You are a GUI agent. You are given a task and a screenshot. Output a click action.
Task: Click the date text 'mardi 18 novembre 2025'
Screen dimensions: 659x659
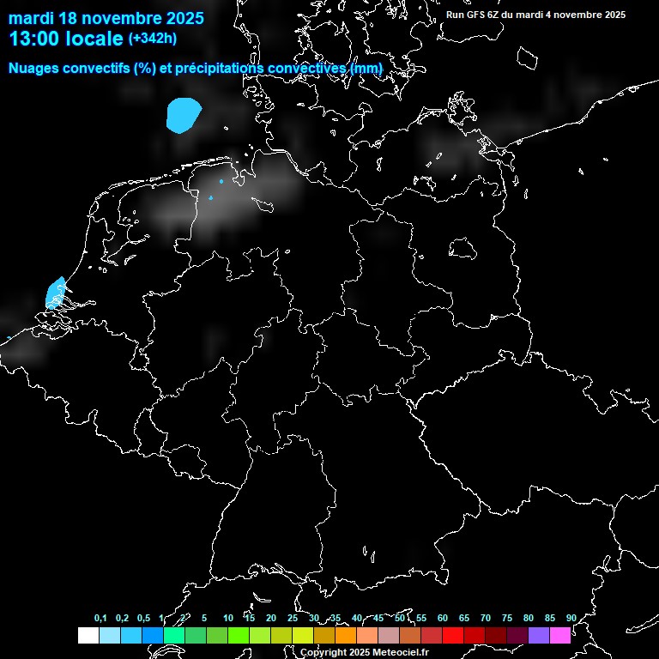106,18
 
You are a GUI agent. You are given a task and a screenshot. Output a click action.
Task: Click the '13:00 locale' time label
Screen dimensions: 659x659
66,39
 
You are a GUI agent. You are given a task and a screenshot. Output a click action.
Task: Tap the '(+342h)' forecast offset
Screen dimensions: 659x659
153,39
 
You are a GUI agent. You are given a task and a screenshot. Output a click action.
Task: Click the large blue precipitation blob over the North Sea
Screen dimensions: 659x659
184,115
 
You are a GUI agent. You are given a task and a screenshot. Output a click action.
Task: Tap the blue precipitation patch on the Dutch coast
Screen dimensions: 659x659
56,292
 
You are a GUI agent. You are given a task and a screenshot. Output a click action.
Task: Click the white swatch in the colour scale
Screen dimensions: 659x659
88,636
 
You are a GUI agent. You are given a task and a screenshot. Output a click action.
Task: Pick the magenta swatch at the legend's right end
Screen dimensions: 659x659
560,636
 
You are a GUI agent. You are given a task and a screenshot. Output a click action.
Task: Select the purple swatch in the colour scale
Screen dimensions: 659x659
539,636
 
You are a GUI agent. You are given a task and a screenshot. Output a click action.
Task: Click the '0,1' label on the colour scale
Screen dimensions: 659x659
100,619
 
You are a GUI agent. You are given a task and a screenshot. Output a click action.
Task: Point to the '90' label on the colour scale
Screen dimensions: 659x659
571,619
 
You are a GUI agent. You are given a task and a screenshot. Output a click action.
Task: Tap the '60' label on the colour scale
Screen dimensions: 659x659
443,619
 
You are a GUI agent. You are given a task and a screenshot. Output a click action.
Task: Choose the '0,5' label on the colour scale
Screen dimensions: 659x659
143,619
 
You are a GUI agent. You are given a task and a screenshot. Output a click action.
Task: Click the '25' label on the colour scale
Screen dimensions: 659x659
293,619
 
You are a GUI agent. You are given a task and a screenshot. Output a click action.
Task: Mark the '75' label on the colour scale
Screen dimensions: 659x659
507,619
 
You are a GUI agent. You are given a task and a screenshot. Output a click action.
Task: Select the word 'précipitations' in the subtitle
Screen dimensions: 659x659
218,68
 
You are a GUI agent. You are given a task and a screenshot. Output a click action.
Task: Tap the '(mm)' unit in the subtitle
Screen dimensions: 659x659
366,68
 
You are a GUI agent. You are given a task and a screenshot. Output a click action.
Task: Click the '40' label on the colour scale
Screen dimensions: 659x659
357,619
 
